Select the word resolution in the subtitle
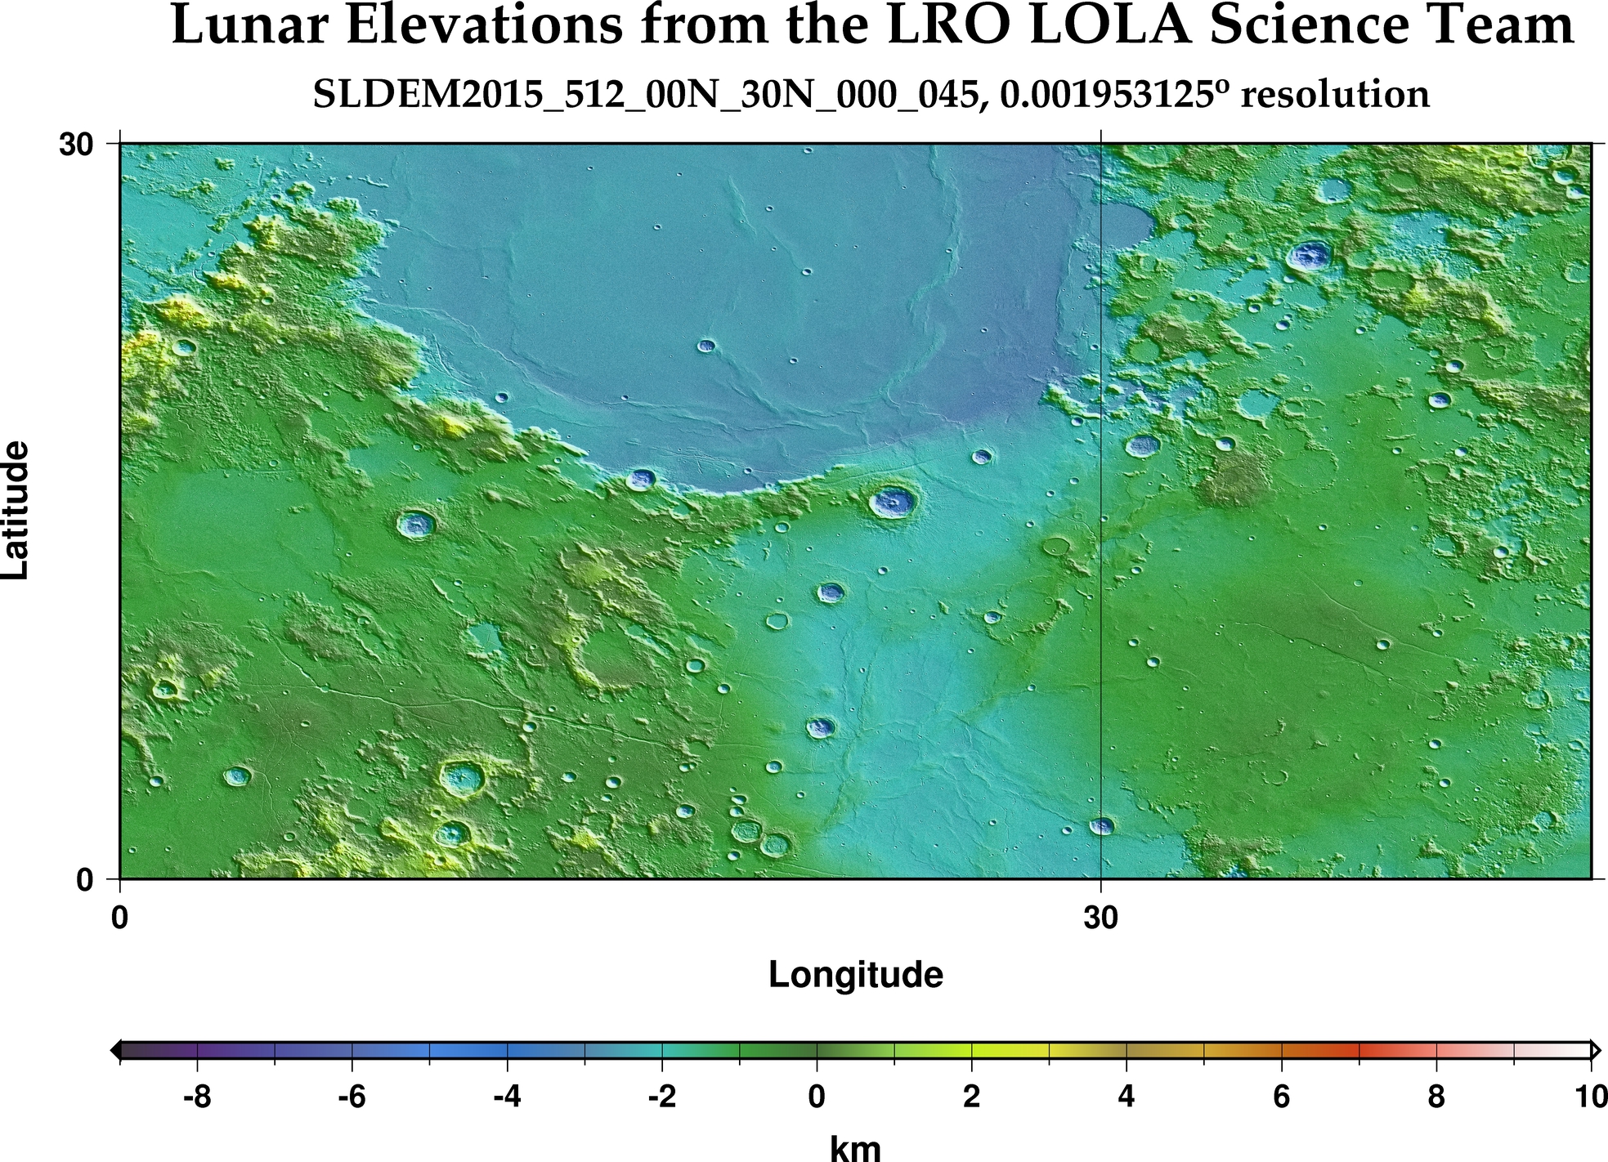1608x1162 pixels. [1335, 95]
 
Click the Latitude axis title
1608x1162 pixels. [16, 510]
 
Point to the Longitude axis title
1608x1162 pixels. [855, 974]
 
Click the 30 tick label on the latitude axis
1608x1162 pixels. [74, 145]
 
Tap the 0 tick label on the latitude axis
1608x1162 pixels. [85, 880]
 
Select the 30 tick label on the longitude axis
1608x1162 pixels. [1100, 918]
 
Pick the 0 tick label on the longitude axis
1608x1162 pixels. [120, 918]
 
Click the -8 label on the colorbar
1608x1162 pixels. [197, 1097]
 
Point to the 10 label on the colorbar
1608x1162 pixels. [1590, 1097]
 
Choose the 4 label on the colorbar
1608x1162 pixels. [1126, 1097]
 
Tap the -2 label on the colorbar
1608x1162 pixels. [661, 1097]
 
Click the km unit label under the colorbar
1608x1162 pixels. [855, 1147]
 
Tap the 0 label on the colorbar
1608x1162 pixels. [817, 1097]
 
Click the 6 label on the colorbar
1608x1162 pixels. [1281, 1097]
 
